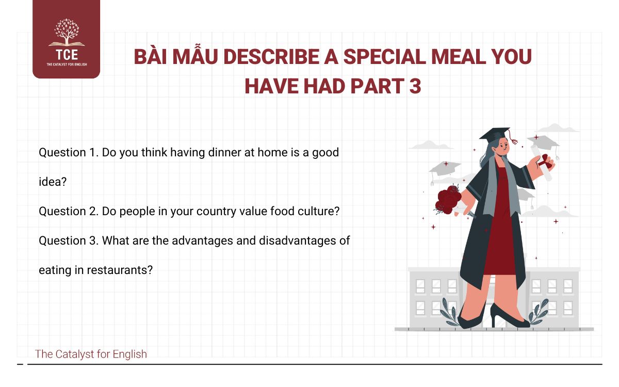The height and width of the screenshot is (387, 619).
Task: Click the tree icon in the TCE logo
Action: [66, 32]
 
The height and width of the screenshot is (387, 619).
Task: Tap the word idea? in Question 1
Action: [53, 182]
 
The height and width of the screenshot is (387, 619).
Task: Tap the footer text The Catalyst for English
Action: [91, 354]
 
